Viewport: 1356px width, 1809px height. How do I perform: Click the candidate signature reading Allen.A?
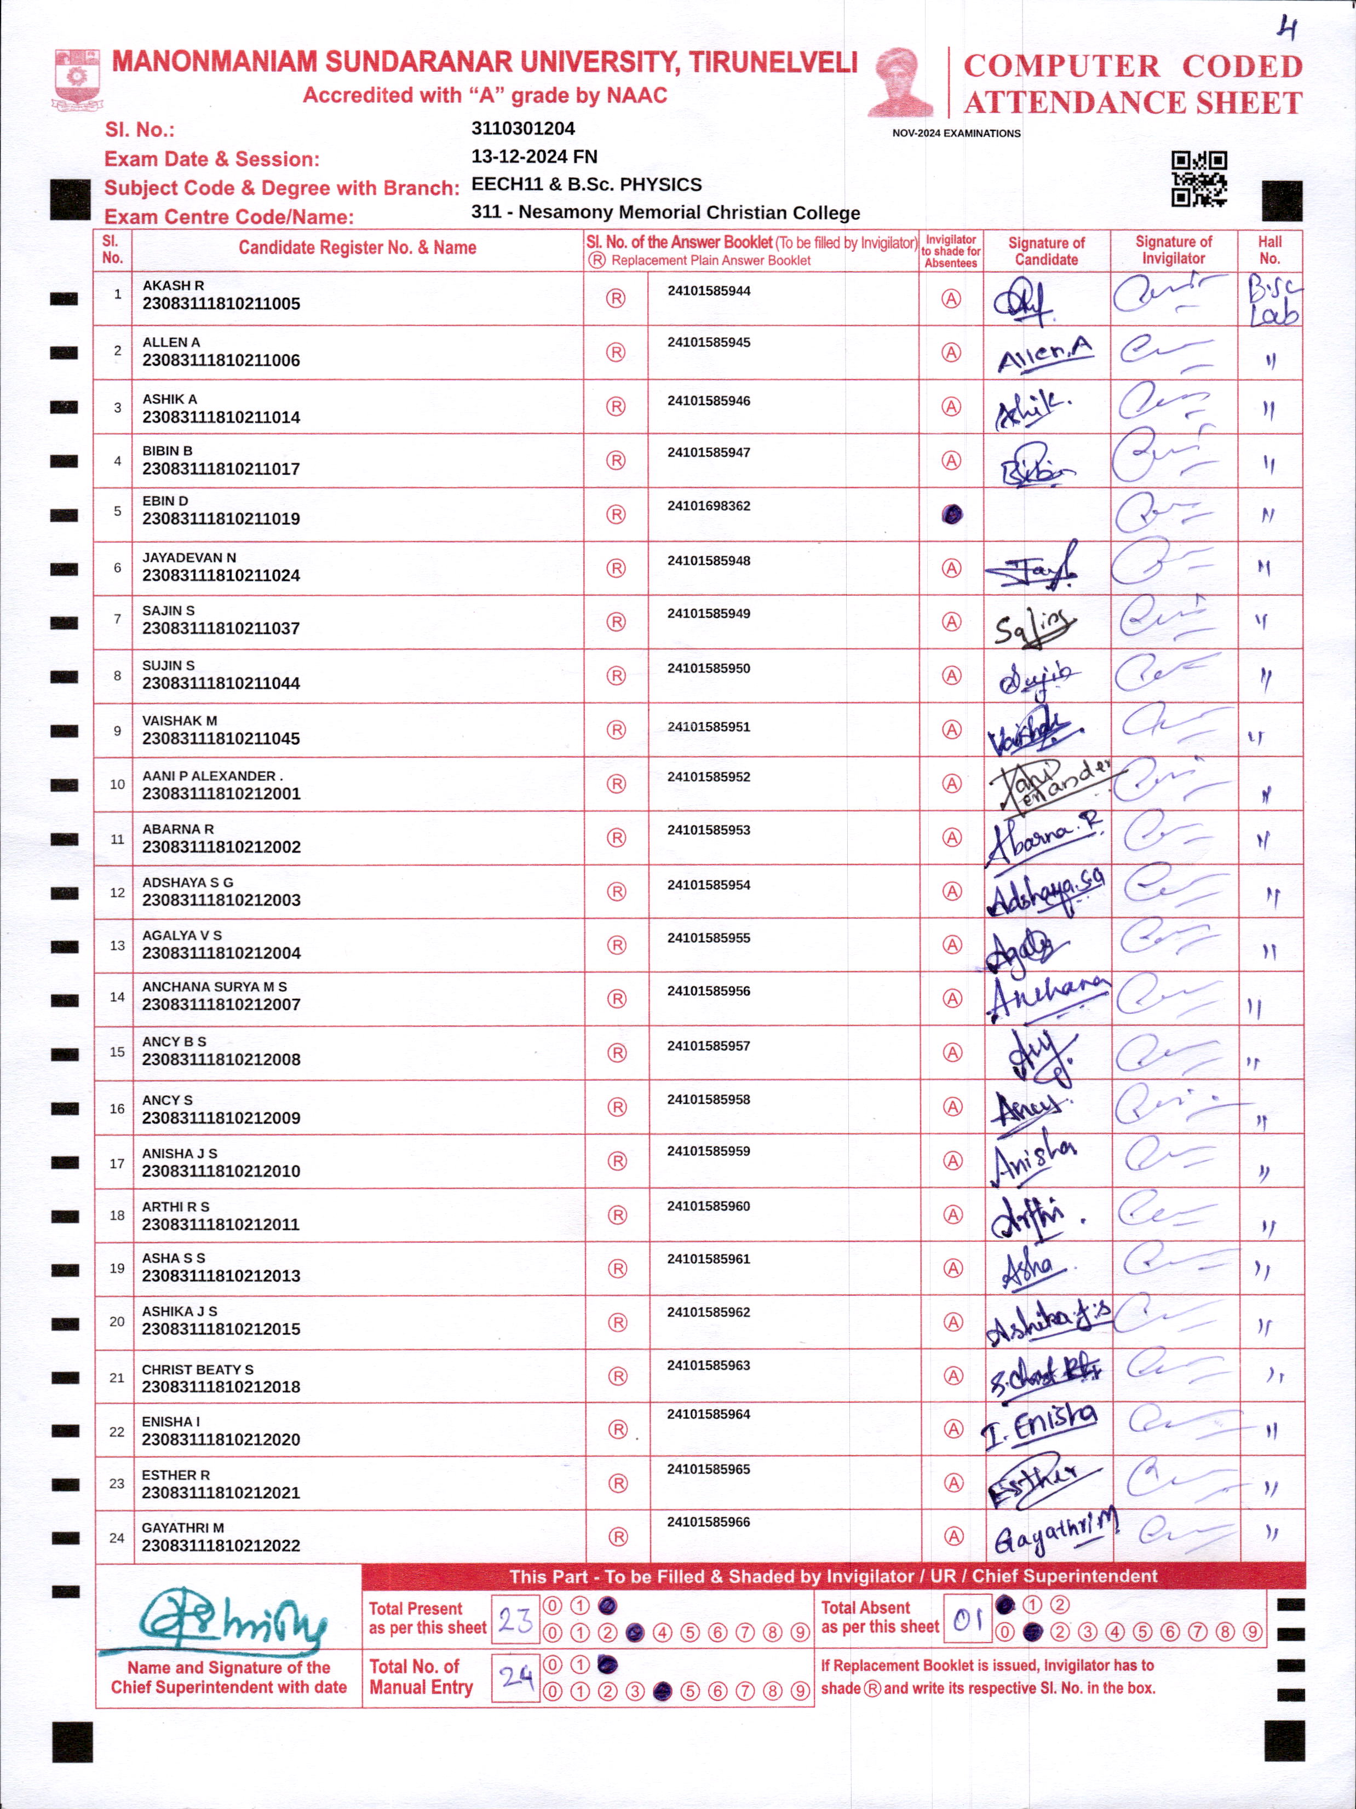(x=1044, y=354)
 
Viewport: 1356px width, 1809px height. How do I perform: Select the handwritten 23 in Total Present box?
(x=515, y=1619)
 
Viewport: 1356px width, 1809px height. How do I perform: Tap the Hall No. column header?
(x=1269, y=250)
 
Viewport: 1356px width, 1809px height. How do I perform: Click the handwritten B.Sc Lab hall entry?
(x=1273, y=299)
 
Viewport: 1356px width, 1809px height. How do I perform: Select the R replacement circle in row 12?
(x=617, y=891)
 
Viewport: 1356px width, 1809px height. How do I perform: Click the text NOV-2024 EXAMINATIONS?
(x=956, y=133)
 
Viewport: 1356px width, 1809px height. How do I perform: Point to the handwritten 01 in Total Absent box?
(x=968, y=1618)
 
